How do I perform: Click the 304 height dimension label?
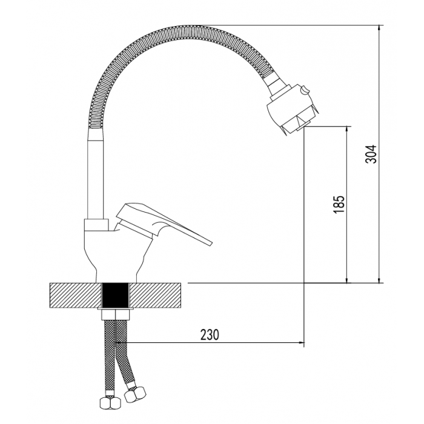[x=371, y=154]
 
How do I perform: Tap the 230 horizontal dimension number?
[x=210, y=335]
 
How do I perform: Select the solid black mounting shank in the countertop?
[x=116, y=295]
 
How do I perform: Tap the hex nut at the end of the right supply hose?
[x=135, y=394]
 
